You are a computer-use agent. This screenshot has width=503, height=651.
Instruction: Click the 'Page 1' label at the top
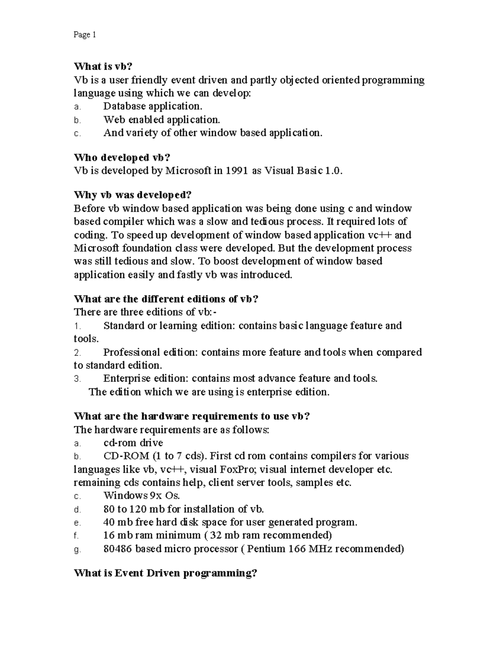(x=85, y=35)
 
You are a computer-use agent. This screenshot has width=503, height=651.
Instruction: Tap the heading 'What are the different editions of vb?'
(x=166, y=299)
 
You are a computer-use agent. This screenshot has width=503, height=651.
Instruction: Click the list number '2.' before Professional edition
(x=77, y=353)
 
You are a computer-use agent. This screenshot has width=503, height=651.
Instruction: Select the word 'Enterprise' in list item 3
(x=127, y=379)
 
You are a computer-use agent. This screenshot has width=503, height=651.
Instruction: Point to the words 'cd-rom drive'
(x=133, y=443)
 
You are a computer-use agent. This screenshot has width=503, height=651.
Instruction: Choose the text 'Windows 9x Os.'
(x=142, y=495)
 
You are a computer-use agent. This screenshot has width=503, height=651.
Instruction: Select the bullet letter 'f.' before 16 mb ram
(x=76, y=536)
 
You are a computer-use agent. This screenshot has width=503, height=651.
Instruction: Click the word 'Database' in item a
(x=122, y=106)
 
